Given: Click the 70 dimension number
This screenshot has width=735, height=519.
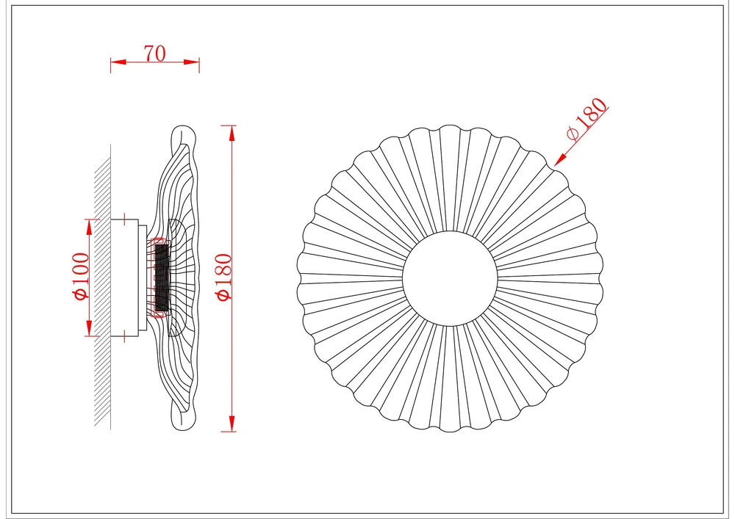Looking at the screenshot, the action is [154, 54].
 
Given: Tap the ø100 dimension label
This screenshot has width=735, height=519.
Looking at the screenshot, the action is [81, 276].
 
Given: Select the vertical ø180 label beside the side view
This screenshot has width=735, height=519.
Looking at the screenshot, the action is [223, 277].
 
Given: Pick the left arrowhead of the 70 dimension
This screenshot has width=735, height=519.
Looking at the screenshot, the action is [118, 62].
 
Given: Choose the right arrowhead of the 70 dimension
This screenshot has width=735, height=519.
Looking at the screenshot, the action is [192, 62].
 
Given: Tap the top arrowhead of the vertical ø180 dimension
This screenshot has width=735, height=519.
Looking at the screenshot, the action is [232, 134].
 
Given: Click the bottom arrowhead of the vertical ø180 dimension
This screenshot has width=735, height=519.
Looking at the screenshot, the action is [232, 424].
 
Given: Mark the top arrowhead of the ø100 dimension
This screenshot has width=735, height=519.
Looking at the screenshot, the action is [89, 228].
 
